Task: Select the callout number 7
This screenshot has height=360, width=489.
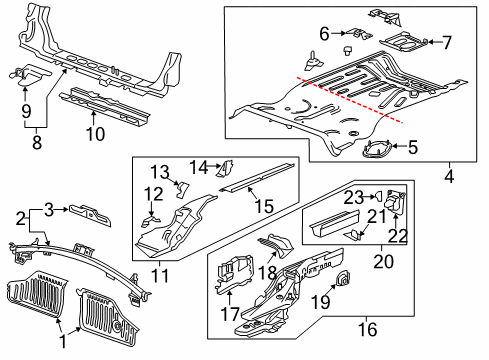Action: (447, 42)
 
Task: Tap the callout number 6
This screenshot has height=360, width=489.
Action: (324, 34)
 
